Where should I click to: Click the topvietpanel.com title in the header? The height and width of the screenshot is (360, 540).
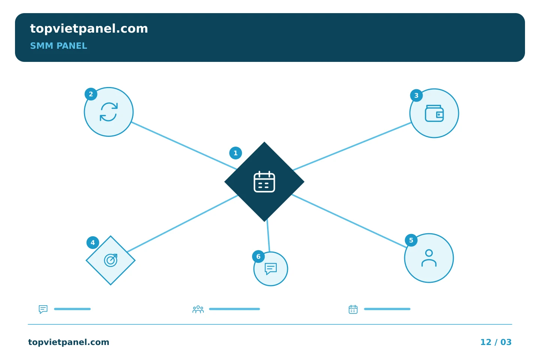(x=89, y=29)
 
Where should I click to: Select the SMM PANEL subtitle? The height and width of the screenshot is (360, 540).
(x=58, y=46)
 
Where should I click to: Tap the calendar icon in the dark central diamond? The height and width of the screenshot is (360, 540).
(x=264, y=182)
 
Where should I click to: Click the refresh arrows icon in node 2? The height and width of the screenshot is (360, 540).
(x=109, y=112)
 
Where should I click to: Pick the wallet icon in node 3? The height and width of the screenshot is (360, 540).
(x=434, y=113)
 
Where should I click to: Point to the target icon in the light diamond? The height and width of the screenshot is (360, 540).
(x=111, y=260)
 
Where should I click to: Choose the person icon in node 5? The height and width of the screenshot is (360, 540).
(x=429, y=258)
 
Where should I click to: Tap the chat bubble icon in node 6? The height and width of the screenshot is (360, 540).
(x=271, y=268)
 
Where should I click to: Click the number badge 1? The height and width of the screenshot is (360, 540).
(x=235, y=153)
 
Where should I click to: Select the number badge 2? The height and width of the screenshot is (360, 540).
(x=91, y=94)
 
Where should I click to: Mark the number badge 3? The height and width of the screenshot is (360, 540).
(x=416, y=96)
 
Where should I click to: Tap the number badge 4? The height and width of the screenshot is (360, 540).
(x=93, y=243)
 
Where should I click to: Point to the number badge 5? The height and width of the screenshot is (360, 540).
(x=411, y=240)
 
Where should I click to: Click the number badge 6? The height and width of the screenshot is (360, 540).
(x=258, y=256)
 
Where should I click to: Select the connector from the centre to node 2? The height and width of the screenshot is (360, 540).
(x=184, y=145)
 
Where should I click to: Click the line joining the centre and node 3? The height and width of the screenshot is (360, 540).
(x=352, y=146)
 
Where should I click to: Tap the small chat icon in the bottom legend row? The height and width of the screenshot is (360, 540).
(x=43, y=309)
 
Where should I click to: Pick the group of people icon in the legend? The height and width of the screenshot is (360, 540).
(x=198, y=309)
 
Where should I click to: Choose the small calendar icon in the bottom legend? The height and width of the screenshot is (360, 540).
(x=353, y=309)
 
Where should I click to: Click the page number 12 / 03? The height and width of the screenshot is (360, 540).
(x=496, y=342)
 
